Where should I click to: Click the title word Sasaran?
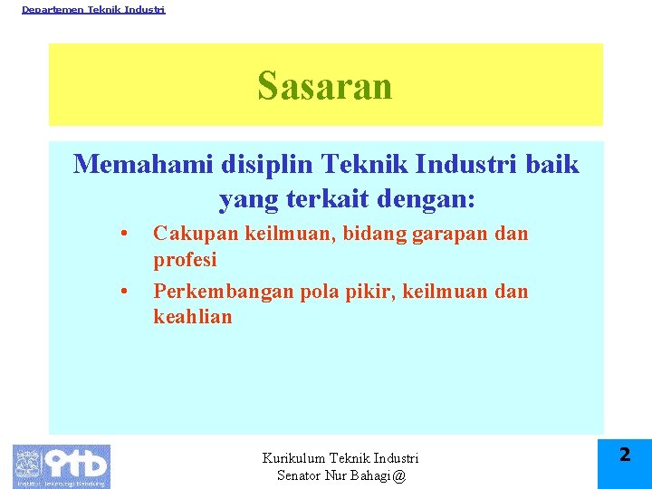pyautogui.click(x=324, y=87)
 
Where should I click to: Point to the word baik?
pyautogui.click(x=551, y=164)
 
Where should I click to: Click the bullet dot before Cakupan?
pyautogui.click(x=122, y=235)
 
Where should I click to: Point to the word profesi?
pyautogui.click(x=185, y=260)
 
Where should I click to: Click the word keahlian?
pyautogui.click(x=192, y=317)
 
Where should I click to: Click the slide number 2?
pyautogui.click(x=625, y=455)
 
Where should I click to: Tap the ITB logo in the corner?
pyautogui.click(x=61, y=465)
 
